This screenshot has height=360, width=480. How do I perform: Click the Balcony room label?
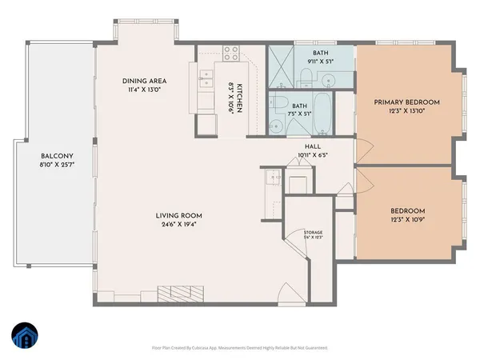(x=58, y=157)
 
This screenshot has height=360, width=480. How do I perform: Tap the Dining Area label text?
(x=144, y=81)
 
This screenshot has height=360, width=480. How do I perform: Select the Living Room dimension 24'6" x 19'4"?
(x=178, y=225)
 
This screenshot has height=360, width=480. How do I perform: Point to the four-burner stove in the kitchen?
(x=232, y=55)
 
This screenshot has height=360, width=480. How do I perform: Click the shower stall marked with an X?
(x=281, y=62)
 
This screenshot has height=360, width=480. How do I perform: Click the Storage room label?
(x=312, y=233)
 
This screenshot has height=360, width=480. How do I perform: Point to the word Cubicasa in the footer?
(x=213, y=348)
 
